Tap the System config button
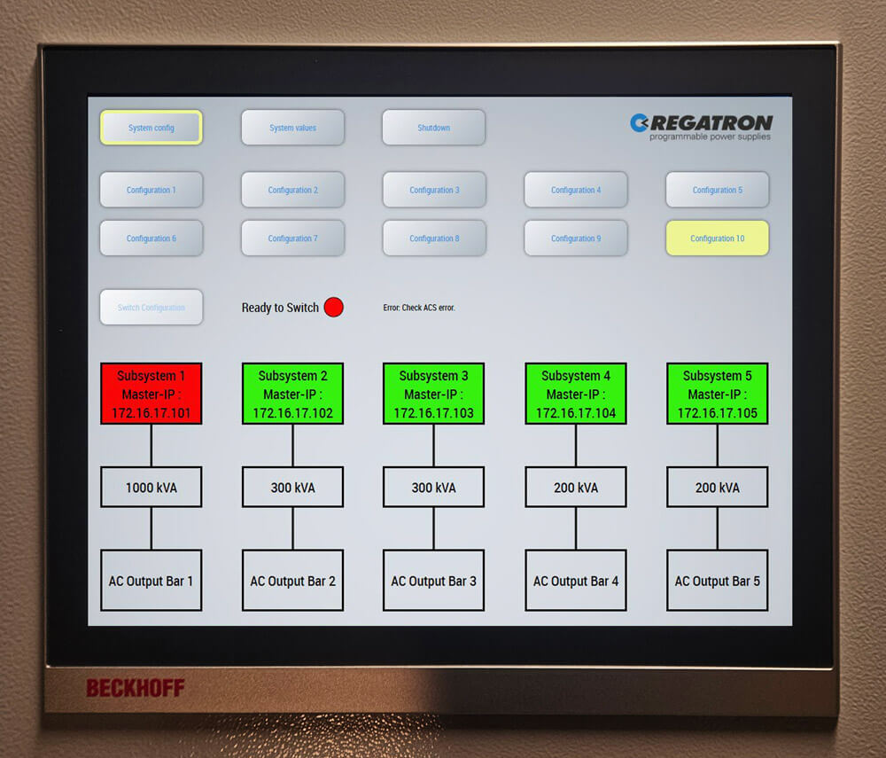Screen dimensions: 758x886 pos(151,128)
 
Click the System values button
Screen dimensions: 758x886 pos(292,128)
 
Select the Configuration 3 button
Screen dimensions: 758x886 pos(434,190)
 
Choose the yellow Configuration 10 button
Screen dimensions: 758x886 pos(717,238)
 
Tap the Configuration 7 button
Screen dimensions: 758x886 pos(292,238)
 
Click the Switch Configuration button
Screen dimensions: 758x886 pos(151,308)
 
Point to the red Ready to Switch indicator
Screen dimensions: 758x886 pos(333,308)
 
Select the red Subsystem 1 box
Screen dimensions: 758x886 pos(151,393)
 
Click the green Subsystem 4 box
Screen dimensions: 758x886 pos(576,393)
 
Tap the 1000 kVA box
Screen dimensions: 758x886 pos(151,488)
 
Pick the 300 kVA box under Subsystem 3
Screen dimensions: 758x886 pos(433,488)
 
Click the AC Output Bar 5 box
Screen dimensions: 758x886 pos(717,581)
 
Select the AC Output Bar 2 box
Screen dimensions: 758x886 pos(292,581)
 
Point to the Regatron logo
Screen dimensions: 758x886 pos(701,126)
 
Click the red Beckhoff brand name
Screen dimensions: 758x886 pos(135,688)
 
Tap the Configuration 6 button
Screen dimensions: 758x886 pos(151,238)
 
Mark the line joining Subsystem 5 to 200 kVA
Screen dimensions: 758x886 pos(717,446)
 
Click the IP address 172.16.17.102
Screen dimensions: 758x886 pos(292,413)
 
